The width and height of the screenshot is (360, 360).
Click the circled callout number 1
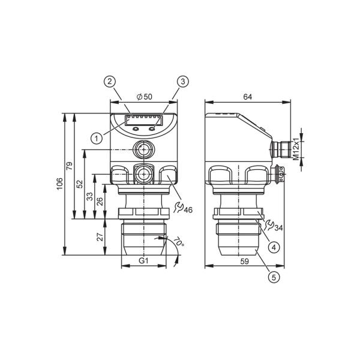click(x=97, y=139)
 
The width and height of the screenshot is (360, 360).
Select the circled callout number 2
click(x=110, y=82)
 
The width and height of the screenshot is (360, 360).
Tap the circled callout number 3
click(x=183, y=82)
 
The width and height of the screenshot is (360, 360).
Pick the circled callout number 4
click(x=274, y=247)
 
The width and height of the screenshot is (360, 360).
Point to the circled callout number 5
click(x=274, y=277)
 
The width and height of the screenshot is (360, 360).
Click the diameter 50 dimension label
click(x=145, y=97)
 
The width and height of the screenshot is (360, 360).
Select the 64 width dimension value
click(x=247, y=97)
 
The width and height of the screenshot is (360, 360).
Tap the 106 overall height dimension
click(x=59, y=184)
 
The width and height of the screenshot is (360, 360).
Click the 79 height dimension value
click(x=69, y=166)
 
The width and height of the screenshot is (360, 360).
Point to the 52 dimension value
click(x=79, y=184)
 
